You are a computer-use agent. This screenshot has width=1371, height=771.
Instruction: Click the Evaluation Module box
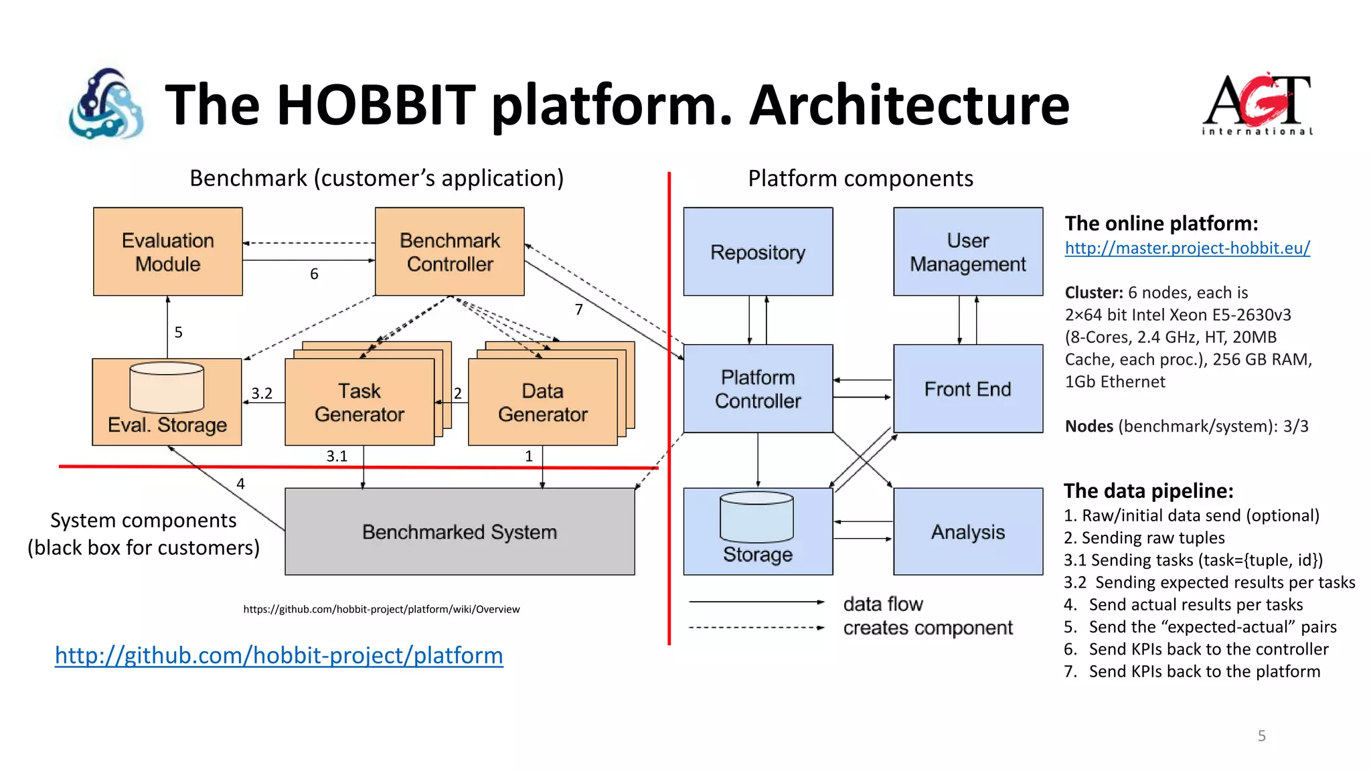pos(167,252)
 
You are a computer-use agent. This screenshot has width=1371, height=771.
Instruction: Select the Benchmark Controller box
pos(449,252)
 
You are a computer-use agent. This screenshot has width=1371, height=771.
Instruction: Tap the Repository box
pos(758,252)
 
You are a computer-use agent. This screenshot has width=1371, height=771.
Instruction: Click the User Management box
pos(967,252)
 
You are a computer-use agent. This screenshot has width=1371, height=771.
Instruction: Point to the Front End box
pos(967,389)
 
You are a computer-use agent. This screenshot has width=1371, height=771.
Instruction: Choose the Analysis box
pos(967,532)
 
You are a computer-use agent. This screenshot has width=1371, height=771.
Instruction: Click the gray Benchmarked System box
pos(459,532)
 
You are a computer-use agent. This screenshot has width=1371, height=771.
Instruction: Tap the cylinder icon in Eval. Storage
pos(167,388)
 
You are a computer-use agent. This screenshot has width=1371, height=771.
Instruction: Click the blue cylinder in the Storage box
pos(756,517)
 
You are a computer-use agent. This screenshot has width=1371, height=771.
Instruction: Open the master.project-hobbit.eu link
pos(1187,248)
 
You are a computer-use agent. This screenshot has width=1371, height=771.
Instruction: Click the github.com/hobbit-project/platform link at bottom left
pos(279,655)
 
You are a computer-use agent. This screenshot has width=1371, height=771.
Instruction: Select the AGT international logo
pos(1257,104)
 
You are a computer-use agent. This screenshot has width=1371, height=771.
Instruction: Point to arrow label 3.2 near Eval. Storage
pos(262,394)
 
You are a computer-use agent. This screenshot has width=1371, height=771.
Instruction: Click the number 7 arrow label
pos(579,309)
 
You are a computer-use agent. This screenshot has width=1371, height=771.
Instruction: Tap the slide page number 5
pos(1261,736)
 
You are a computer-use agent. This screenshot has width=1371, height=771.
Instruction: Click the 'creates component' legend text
pos(927,628)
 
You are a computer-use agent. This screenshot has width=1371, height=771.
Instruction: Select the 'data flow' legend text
pos(882,604)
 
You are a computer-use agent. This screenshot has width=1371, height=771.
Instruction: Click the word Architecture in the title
pos(909,105)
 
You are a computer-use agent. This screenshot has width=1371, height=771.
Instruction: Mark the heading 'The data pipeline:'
pos(1148,491)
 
